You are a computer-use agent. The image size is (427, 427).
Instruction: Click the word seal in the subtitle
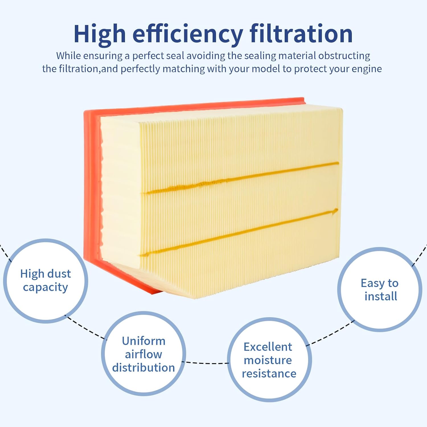(x=175, y=56)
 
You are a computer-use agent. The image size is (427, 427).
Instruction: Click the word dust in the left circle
(x=59, y=274)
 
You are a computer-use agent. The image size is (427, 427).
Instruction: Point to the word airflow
(x=143, y=354)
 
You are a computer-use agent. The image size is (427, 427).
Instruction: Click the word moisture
(x=268, y=360)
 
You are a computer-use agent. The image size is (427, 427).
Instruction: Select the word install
(x=381, y=296)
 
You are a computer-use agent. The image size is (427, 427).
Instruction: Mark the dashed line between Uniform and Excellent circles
(x=207, y=363)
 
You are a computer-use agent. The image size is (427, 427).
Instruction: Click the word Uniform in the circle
(x=144, y=341)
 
